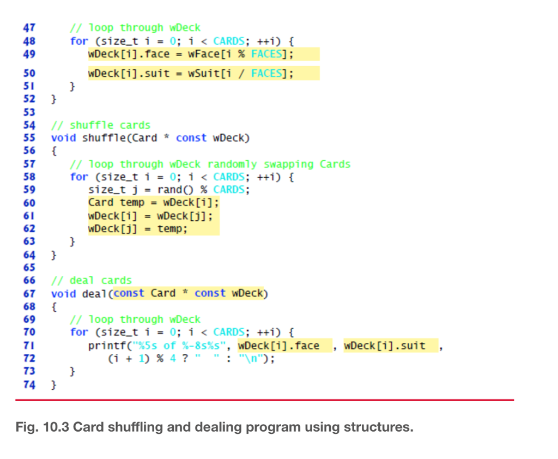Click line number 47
(x=29, y=28)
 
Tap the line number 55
(x=29, y=138)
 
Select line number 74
(x=29, y=385)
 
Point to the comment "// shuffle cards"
(x=101, y=125)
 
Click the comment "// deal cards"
(x=92, y=280)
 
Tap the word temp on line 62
(x=172, y=228)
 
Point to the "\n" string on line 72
(x=254, y=359)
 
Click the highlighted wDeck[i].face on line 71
(x=279, y=346)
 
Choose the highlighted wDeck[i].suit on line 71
(x=385, y=346)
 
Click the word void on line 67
(x=64, y=293)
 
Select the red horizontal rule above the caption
(x=264, y=400)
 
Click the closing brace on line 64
(x=53, y=255)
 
